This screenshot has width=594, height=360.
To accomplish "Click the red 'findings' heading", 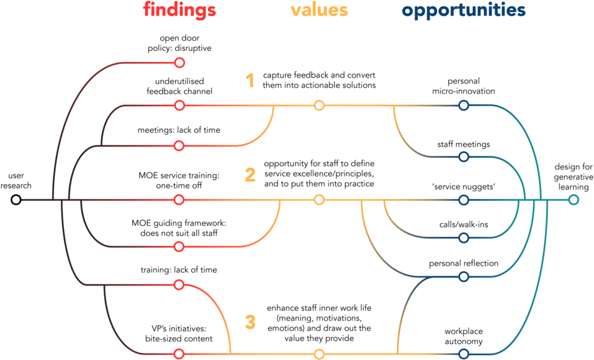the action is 179,10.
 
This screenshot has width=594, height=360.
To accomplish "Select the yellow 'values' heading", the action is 319,10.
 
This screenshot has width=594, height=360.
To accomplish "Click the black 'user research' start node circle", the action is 16,200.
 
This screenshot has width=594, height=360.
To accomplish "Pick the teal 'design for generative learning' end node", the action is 574,200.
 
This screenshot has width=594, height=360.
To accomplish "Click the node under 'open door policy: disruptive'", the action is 179,63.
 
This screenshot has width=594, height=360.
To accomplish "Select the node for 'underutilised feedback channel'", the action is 179,106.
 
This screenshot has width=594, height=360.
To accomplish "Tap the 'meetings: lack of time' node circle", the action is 179,145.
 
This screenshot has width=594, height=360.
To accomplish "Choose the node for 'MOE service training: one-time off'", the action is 179,200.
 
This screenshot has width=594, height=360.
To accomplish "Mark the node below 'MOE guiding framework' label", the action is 179,246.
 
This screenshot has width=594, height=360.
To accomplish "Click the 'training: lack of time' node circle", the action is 179,285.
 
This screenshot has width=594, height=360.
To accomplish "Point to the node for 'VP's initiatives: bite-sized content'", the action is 179,354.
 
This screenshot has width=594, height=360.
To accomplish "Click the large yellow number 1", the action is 250,80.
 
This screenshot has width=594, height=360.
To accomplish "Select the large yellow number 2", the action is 250,175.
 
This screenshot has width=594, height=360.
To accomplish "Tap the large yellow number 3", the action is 250,323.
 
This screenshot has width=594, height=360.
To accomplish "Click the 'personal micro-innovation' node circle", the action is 464,106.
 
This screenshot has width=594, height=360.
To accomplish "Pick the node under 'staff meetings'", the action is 464,156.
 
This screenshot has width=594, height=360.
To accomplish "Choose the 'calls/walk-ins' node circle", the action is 464,238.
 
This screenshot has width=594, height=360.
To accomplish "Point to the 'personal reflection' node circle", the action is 464,277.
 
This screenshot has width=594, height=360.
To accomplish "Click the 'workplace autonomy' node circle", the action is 464,354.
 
